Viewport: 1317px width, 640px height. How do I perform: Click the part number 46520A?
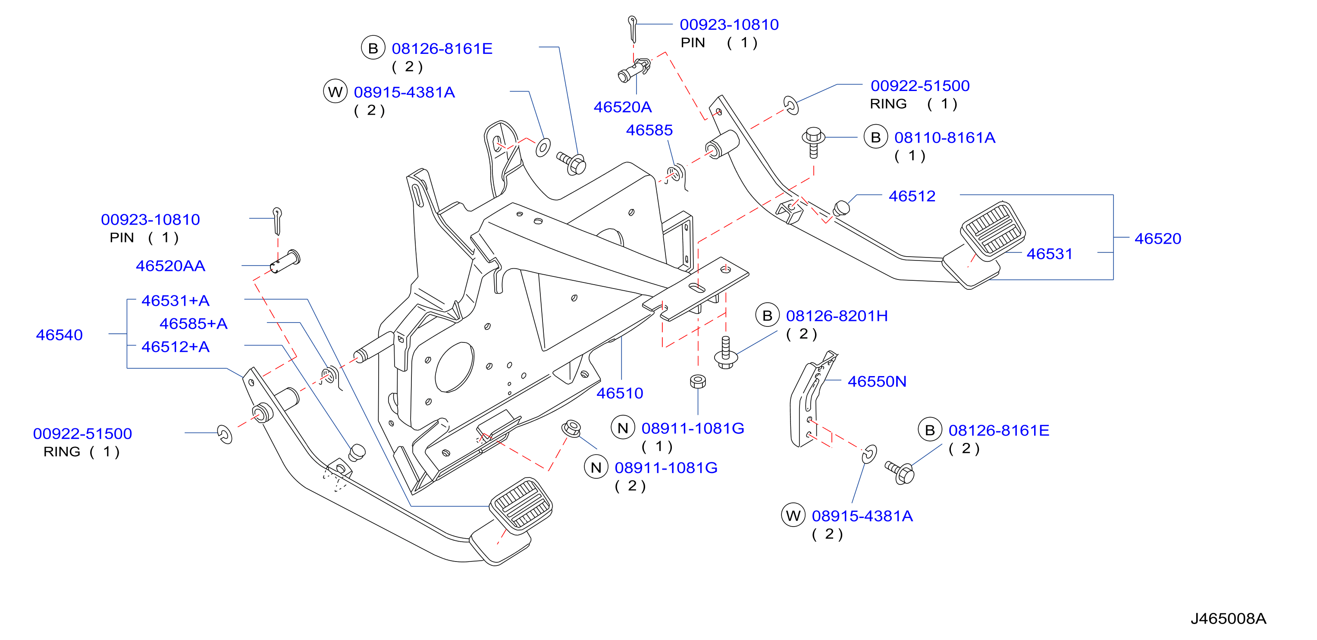622,107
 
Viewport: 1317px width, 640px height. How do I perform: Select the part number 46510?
620,393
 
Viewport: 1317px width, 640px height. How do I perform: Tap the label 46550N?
877,381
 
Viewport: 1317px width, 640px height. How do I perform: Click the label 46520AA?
170,266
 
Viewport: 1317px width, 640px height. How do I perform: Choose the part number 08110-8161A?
944,138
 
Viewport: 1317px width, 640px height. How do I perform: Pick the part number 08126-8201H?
837,316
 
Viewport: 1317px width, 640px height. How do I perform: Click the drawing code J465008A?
1228,618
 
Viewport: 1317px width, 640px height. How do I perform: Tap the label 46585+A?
193,323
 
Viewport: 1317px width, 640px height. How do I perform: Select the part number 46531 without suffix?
1049,254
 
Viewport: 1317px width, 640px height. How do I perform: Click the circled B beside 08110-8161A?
876,137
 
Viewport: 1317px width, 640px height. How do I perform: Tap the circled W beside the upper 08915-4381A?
336,91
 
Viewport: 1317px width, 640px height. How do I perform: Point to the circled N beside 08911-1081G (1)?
623,428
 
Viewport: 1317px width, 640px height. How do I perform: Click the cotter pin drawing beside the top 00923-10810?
633,29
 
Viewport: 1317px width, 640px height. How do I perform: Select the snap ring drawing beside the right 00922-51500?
791,105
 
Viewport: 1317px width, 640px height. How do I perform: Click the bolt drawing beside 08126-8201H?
725,352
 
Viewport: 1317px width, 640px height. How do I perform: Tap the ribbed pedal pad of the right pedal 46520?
993,229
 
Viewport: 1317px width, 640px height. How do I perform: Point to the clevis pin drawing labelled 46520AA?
285,261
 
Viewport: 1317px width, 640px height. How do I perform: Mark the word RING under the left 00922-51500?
62,452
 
